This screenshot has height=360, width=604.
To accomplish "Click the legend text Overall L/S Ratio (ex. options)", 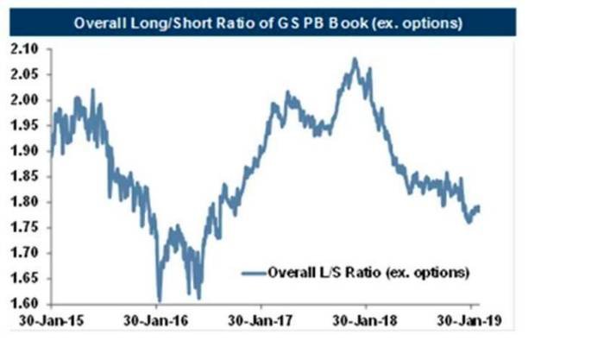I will pos(368,273).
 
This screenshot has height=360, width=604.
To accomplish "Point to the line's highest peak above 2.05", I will pos(355,59).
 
